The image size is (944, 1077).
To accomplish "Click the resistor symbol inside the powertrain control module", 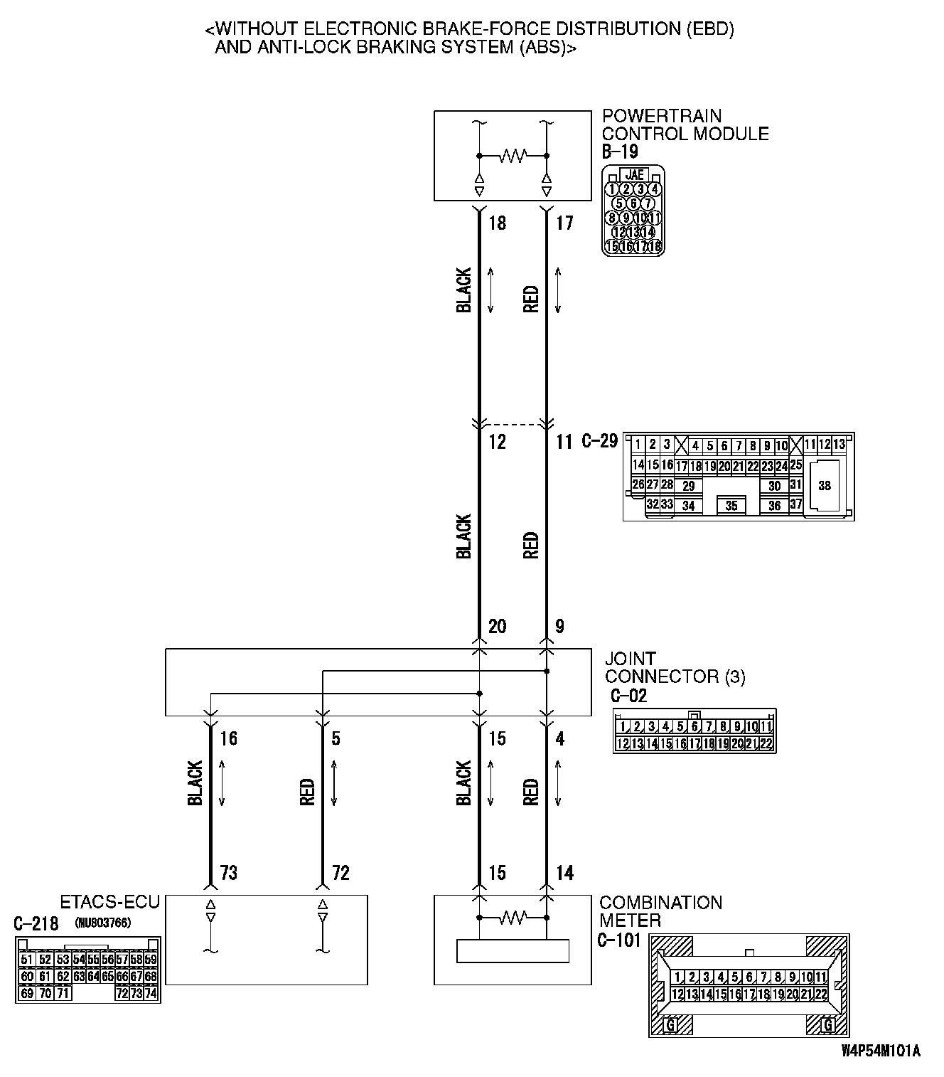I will coord(513,155).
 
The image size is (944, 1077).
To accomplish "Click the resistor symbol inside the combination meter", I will coord(513,918).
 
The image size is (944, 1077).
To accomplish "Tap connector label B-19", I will coord(620,152).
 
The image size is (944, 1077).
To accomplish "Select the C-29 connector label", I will coord(599,441).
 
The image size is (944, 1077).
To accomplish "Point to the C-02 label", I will coord(628,695).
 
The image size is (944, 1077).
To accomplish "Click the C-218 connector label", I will coord(36,923).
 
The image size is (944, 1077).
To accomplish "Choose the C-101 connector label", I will coord(619,940).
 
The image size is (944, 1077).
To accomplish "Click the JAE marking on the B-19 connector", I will coord(634,174).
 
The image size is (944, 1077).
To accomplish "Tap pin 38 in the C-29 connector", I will coord(824,486).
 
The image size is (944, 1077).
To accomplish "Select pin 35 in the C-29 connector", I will coord(731,506).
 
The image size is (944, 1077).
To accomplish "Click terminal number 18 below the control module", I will coord(497,223).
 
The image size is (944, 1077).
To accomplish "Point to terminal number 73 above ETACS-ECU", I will coord(228,873).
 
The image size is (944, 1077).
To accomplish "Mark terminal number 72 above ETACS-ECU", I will coord(340,873).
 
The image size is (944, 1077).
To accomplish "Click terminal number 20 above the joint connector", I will coord(497,627).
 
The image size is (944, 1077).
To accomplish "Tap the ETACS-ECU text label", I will coord(110,903).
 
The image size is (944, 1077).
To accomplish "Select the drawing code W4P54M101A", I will coord(880,1050).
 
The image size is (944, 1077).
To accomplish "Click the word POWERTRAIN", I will coord(652,115).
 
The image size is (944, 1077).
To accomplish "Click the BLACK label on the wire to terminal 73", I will coord(195,782).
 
